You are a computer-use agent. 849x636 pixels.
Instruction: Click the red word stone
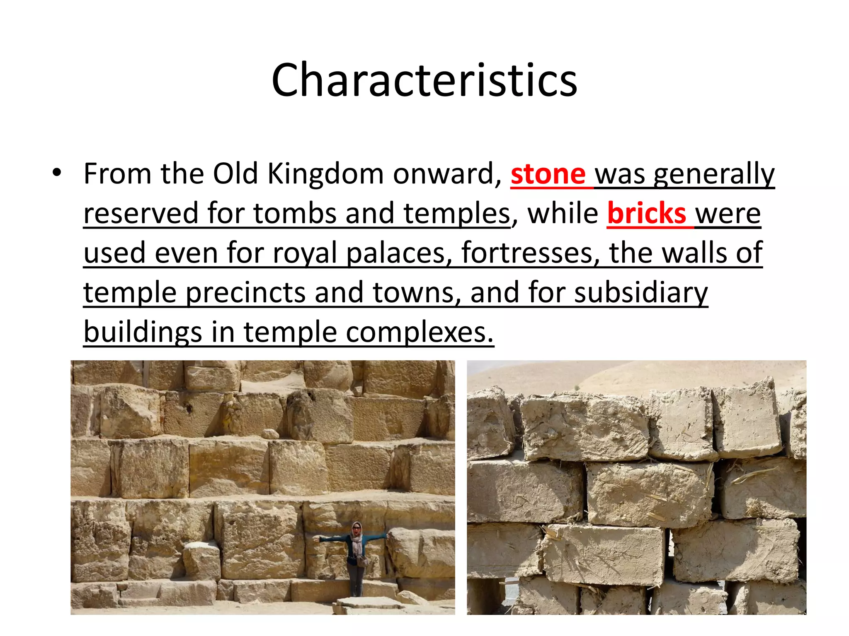(x=548, y=174)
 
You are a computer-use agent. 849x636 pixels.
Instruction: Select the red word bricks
(x=646, y=214)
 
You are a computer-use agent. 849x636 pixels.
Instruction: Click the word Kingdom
(x=325, y=174)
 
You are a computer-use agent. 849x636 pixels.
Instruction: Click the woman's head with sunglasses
(x=357, y=528)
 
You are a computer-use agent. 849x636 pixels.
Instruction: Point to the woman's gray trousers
(x=355, y=580)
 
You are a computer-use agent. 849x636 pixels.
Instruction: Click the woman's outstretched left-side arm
(x=332, y=540)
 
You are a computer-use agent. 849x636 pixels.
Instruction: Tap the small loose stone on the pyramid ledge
(x=270, y=434)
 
